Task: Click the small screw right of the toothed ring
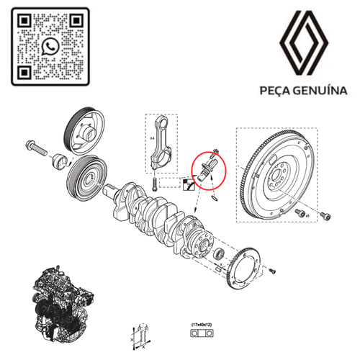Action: (x=274, y=270)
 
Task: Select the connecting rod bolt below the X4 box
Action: (x=154, y=183)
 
